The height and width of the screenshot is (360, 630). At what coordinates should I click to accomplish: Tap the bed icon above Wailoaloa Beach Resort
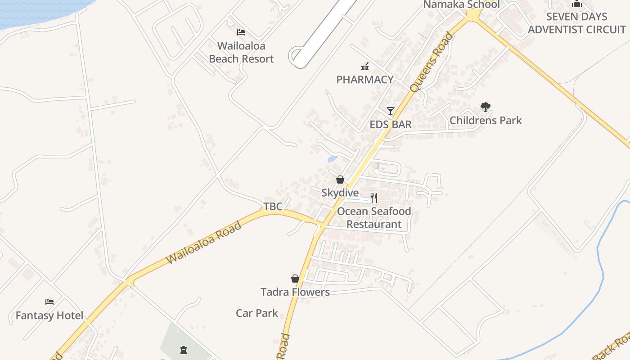[241, 32]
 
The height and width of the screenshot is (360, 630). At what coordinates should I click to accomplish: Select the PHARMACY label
[365, 80]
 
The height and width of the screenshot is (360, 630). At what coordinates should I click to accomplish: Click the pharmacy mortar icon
[365, 67]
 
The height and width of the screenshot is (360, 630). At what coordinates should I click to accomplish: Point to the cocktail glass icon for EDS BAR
[391, 111]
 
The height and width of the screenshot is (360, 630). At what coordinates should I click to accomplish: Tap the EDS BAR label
[391, 125]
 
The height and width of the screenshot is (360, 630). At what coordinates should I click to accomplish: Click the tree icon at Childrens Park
[485, 107]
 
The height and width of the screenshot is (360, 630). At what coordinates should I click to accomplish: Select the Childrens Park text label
[486, 121]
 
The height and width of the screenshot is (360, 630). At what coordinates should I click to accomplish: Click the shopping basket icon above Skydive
[340, 180]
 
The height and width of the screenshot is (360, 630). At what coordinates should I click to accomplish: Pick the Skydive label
[340, 193]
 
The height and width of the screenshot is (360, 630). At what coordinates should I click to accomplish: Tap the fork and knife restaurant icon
[374, 198]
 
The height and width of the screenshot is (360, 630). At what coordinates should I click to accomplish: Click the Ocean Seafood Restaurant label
[374, 218]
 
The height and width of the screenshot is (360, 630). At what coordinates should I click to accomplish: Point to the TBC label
[273, 207]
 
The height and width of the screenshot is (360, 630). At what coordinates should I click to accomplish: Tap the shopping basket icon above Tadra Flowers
[295, 279]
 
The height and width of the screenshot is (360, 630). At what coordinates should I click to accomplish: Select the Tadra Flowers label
[295, 292]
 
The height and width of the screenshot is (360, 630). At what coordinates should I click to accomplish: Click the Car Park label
[257, 313]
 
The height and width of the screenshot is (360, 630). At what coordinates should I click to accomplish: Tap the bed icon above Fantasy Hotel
[49, 302]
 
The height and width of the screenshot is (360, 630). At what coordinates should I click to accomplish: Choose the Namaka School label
[461, 4]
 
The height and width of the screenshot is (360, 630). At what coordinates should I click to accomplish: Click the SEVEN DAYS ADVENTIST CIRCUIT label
[577, 23]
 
